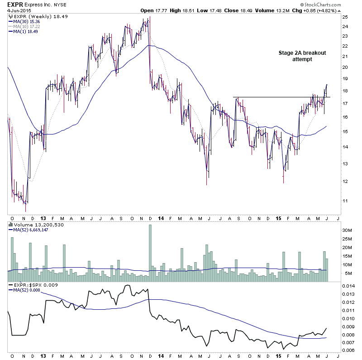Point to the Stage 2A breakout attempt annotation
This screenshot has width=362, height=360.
click(301, 56)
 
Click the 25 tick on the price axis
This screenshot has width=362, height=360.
click(344, 17)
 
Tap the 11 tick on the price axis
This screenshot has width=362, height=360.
click(344, 201)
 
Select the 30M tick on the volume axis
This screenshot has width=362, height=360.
click(347, 230)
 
